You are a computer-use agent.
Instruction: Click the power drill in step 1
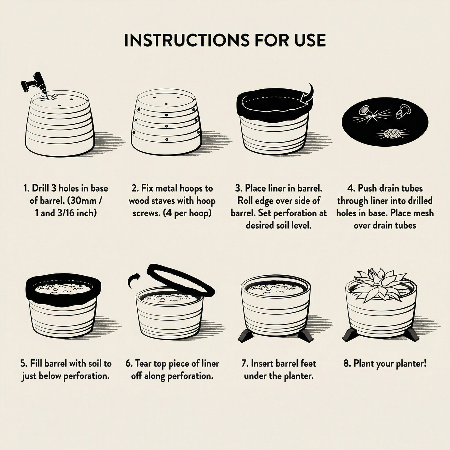(x=35, y=84)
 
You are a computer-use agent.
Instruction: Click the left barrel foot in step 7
(x=246, y=337)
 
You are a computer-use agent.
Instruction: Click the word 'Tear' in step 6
(x=144, y=364)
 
